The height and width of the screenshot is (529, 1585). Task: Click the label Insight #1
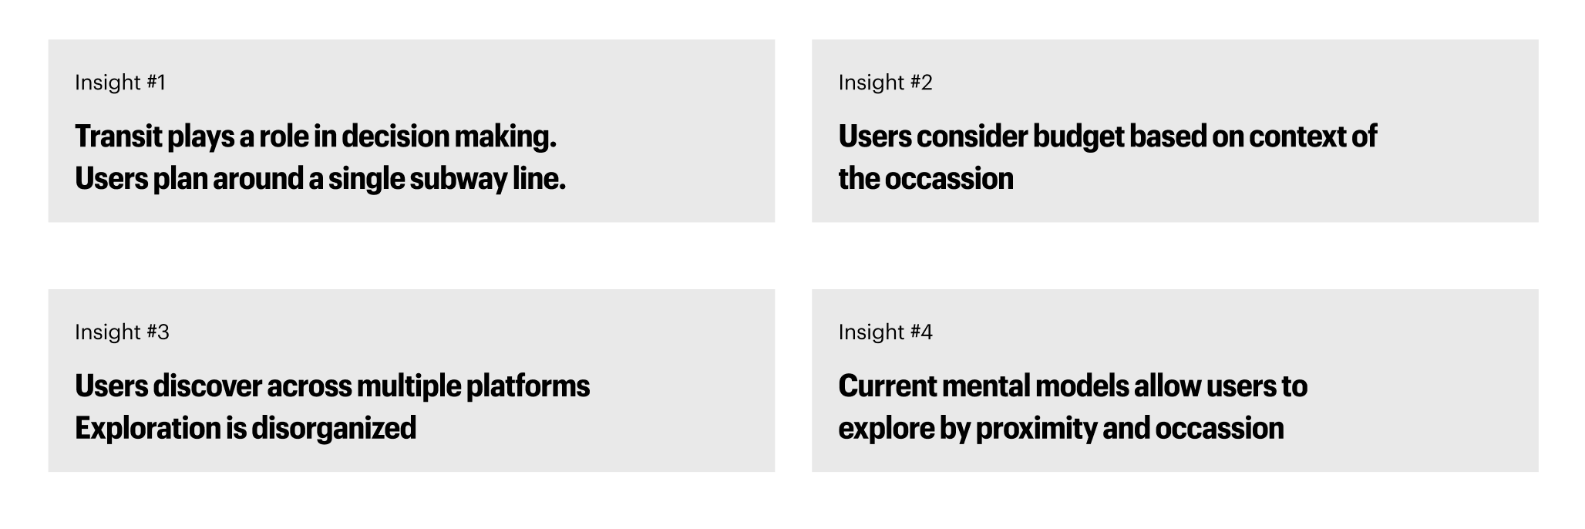click(120, 83)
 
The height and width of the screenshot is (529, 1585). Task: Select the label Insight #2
click(885, 83)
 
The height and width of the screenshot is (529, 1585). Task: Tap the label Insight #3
click(122, 332)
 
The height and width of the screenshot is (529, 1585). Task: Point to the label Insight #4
click(885, 332)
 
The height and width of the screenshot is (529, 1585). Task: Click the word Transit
click(119, 136)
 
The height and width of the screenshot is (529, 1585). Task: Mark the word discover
click(207, 386)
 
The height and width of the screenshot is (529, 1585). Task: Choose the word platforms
click(528, 387)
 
